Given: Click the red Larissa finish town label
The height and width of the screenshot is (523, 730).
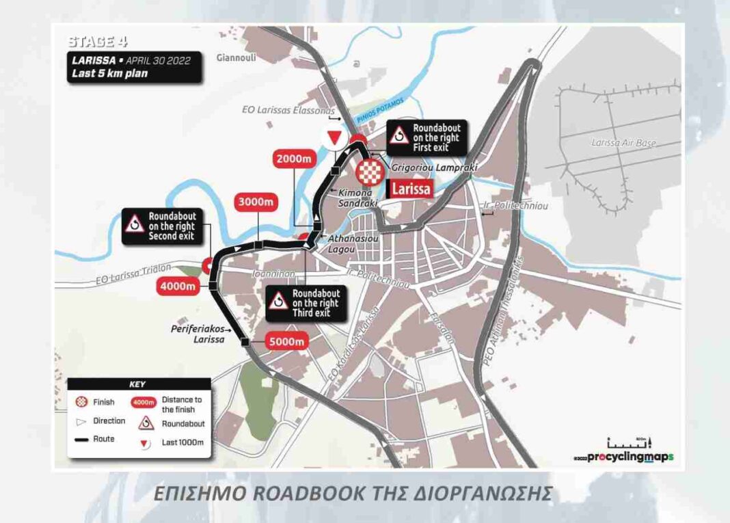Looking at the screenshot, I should (411, 188).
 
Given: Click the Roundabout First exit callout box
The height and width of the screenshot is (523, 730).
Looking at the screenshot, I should (424, 138).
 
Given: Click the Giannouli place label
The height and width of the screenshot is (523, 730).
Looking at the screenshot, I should (236, 58).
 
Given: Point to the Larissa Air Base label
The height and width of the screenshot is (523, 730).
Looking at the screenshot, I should (623, 144).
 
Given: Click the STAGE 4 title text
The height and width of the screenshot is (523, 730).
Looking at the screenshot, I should (98, 42).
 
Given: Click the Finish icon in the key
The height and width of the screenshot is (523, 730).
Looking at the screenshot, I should (81, 402).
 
